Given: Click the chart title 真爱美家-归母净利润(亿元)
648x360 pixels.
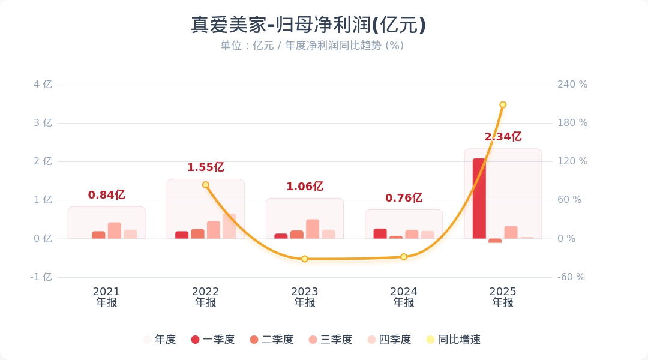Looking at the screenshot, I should coord(308,25).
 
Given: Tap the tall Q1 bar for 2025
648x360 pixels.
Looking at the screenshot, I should coord(479,198).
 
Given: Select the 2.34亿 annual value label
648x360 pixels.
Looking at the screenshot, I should coord(503,137).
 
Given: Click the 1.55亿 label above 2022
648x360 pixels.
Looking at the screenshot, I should coord(206,167).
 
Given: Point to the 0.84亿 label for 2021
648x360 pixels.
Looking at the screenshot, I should coord(107,195).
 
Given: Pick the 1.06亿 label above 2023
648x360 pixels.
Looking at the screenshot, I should coord(305,187).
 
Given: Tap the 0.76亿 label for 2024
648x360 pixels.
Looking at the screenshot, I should coord(404,198).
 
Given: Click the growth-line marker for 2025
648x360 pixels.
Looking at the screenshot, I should coord(503,104).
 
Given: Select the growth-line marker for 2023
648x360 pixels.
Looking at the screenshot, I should coord(305,259).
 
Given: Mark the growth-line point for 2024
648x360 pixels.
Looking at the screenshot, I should coord(404,257).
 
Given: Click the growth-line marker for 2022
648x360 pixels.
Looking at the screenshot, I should coord(206,185).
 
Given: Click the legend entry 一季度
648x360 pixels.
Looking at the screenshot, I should coord(212,340).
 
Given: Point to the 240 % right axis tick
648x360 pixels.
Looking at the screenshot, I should coord(572,85).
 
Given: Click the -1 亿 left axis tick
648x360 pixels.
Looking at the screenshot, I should coord(42,277).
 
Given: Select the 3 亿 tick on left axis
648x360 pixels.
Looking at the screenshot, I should coord(44,123).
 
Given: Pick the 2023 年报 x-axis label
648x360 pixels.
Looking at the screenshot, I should coord(305,297).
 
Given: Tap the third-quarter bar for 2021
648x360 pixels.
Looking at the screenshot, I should coord(115,230).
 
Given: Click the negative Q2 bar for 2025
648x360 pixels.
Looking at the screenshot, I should coord(495,241).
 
